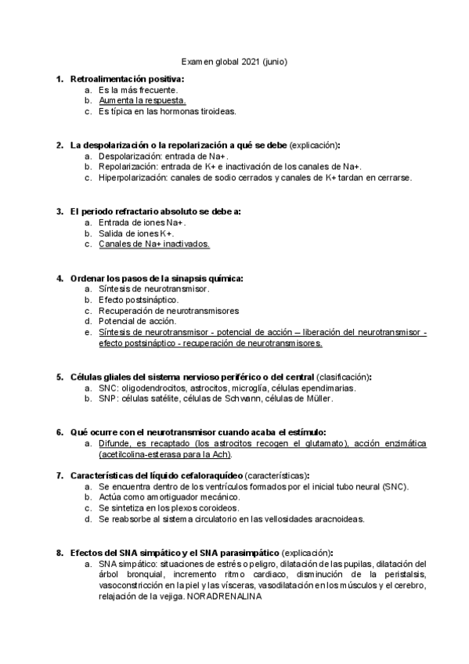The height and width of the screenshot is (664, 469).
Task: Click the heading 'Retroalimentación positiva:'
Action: tap(128, 79)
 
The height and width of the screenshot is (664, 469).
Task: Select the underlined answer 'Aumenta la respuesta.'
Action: tap(142, 100)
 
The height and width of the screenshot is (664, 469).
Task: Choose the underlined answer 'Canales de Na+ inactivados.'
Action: tap(154, 244)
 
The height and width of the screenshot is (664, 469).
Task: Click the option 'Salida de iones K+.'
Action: tap(136, 233)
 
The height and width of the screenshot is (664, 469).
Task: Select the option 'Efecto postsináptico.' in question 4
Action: tap(139, 300)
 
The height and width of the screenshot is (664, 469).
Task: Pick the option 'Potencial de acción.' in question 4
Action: tap(138, 321)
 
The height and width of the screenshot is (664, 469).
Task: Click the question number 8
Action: tap(60, 552)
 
